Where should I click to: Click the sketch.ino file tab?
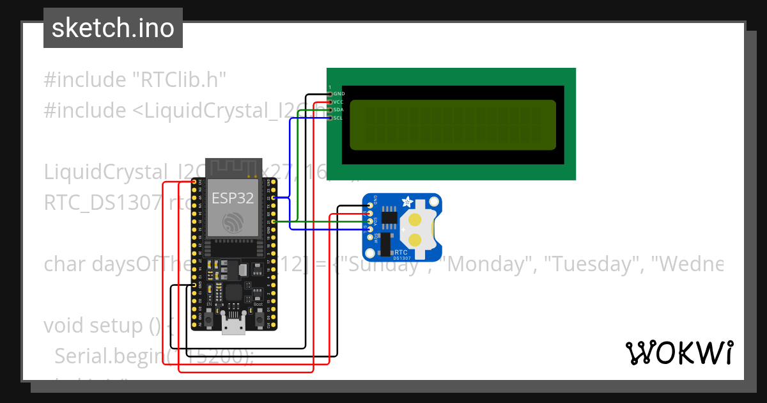point(113,28)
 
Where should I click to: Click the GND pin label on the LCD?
point(339,93)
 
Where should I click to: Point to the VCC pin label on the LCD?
point(339,102)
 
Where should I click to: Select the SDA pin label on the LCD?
point(339,110)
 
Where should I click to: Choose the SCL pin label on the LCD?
point(339,118)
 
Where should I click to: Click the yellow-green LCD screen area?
point(453,124)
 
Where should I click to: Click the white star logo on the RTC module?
point(407,202)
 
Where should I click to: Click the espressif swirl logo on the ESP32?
point(233,223)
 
